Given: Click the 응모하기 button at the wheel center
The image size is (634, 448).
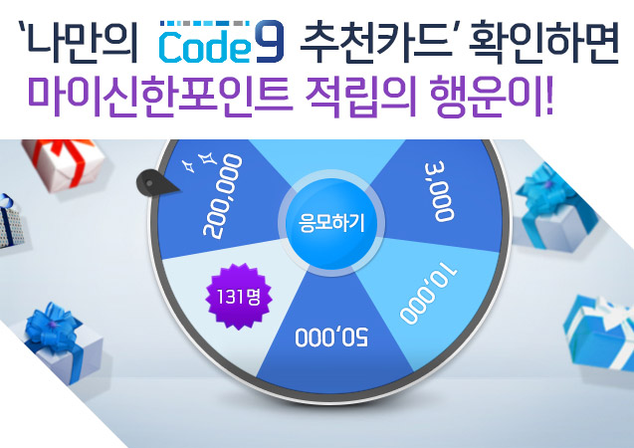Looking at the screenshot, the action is [x=331, y=223].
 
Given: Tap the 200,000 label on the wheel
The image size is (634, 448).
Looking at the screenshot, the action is [x=223, y=196].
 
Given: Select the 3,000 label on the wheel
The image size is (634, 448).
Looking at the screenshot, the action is [x=439, y=192].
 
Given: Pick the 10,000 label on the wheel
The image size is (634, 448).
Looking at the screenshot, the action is [x=429, y=292].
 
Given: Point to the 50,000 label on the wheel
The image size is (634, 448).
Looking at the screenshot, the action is [x=331, y=336].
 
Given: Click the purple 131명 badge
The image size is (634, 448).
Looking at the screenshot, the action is [x=239, y=297].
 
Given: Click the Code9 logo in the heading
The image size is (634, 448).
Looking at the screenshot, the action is [x=222, y=41].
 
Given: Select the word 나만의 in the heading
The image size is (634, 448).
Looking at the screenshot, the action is [x=79, y=43].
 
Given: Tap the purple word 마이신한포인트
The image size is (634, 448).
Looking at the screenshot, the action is [x=159, y=97].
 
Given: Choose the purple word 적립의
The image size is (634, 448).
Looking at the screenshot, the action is [x=360, y=97].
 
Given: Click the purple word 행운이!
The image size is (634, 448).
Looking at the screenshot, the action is [x=491, y=97].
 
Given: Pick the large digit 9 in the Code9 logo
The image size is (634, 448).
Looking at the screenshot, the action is [x=269, y=41].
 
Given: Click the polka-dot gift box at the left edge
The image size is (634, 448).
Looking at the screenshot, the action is [x=10, y=222].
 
